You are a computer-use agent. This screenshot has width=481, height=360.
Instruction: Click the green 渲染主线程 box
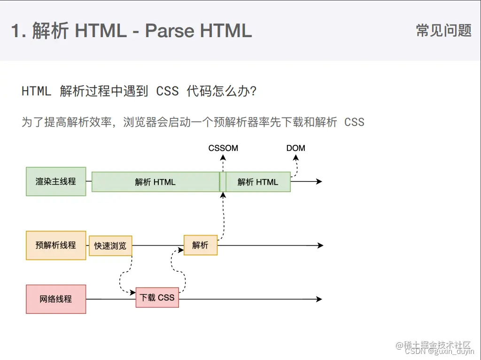click(56, 181)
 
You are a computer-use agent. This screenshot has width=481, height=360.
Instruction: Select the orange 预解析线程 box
click(56, 245)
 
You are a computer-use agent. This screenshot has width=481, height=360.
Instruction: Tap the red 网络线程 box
click(56, 299)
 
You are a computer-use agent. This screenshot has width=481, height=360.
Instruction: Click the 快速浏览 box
click(110, 246)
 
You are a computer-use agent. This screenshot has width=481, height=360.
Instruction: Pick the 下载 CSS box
click(157, 297)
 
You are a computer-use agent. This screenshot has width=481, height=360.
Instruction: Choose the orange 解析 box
click(201, 245)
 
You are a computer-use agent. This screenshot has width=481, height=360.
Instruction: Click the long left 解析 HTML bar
click(155, 182)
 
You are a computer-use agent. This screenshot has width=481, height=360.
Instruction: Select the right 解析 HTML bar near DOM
click(258, 182)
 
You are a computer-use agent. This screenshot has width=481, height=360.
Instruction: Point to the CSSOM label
click(223, 148)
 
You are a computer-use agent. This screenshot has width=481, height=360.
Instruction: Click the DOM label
click(295, 148)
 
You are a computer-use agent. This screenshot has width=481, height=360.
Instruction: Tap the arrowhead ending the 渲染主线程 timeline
click(319, 181)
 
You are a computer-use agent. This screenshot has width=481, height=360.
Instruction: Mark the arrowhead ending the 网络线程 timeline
click(319, 299)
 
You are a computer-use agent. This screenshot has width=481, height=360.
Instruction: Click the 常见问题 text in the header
click(443, 31)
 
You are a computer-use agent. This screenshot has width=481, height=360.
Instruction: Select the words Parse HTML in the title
click(198, 31)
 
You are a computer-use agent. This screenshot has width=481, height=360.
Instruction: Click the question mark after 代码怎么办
click(253, 91)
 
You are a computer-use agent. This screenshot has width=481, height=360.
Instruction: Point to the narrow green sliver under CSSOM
click(223, 182)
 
